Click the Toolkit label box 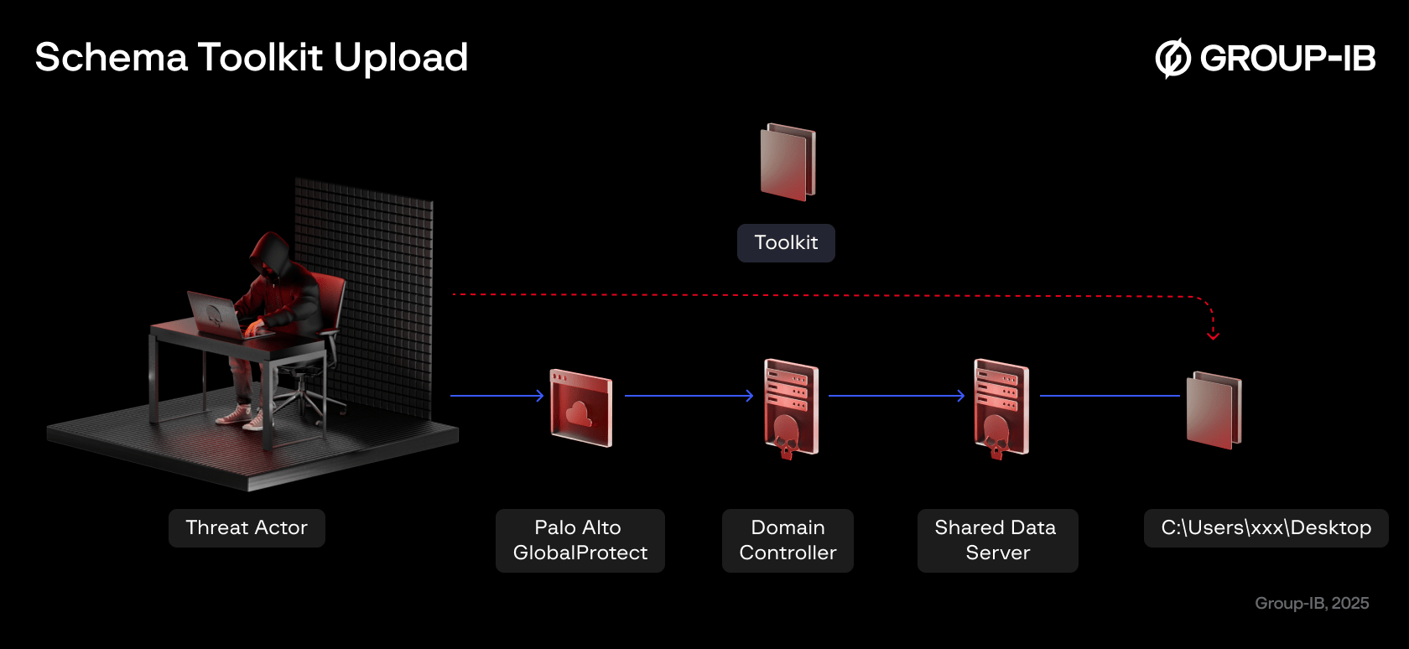(x=786, y=243)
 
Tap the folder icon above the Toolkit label (x=788, y=162)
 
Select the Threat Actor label (x=247, y=528)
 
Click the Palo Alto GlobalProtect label (x=580, y=541)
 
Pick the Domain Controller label (x=788, y=541)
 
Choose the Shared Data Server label (x=996, y=541)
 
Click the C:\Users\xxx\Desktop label (x=1266, y=528)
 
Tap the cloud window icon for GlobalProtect (x=580, y=408)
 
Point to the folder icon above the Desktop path (x=1214, y=410)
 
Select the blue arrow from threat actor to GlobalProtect (x=497, y=396)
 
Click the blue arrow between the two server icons (x=896, y=396)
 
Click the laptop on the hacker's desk (x=215, y=314)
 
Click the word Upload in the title (x=400, y=58)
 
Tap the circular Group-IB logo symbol (x=1172, y=58)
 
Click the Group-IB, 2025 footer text (x=1311, y=604)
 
